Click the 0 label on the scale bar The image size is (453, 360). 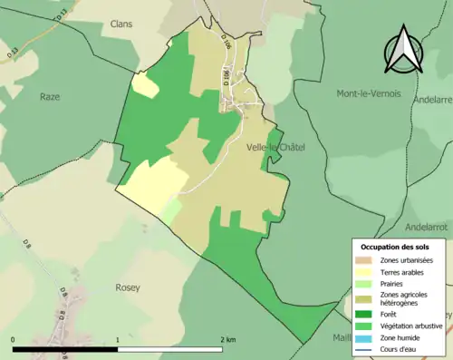pos(14,339)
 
